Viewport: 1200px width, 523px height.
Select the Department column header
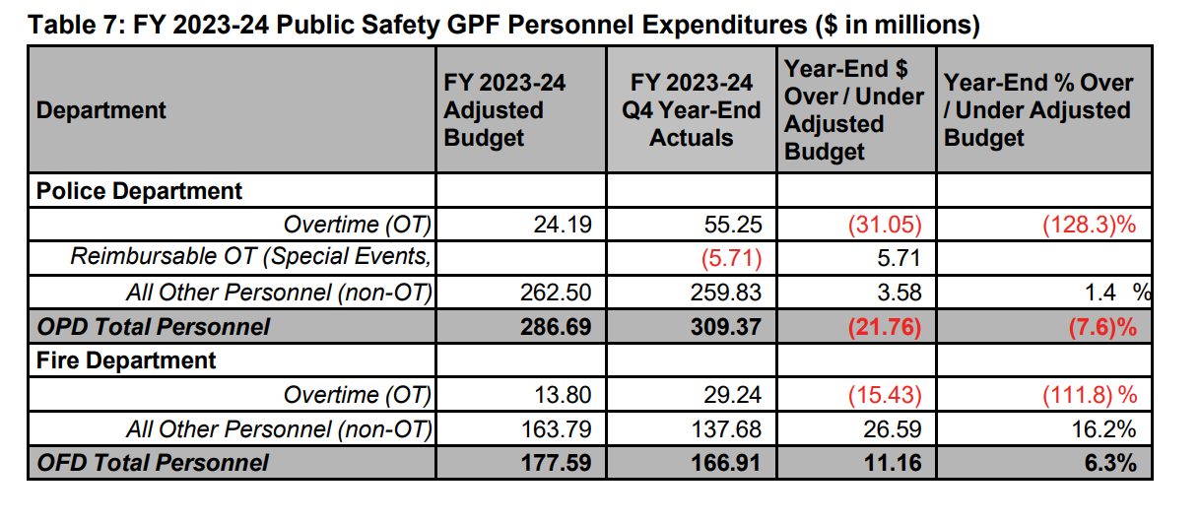(101, 109)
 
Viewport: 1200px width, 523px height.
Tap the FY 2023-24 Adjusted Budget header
(504, 109)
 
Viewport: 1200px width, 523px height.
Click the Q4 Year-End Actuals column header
(691, 109)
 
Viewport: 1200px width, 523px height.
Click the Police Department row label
(139, 190)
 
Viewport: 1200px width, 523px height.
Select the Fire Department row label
(126, 360)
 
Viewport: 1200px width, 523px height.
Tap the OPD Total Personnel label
(153, 326)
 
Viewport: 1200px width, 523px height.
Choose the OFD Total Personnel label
(152, 462)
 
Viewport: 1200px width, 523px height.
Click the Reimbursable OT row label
(251, 258)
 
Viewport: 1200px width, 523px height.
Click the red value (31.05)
(884, 225)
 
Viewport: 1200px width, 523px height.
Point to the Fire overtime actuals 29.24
(735, 395)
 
